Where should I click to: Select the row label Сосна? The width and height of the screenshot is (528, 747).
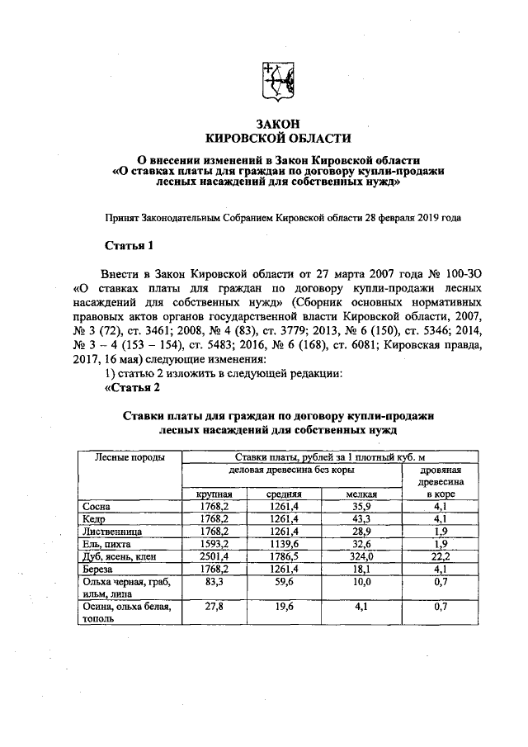[x=97, y=506]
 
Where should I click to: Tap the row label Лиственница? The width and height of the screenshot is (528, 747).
[x=114, y=532]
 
